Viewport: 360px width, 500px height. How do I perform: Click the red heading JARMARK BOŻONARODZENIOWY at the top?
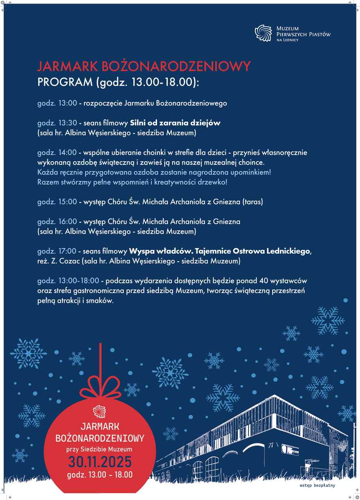coord(143,66)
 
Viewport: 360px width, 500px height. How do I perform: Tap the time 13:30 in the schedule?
coord(68,123)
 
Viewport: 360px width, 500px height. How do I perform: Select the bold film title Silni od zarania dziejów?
coord(175,123)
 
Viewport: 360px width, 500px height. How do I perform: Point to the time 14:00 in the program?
coord(68,152)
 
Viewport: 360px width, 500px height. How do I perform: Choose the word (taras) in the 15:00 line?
coord(253,202)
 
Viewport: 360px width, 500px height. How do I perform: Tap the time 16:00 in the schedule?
coord(68,221)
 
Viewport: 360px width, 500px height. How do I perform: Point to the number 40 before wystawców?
coord(269,280)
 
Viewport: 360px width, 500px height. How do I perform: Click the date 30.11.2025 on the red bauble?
coord(100,462)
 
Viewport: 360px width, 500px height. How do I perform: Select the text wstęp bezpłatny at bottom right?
coord(317,486)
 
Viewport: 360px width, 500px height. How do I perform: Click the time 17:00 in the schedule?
coord(68,251)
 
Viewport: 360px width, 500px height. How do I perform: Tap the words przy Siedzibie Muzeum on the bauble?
coord(100,449)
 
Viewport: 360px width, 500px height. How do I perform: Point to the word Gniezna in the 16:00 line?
coord(226,221)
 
